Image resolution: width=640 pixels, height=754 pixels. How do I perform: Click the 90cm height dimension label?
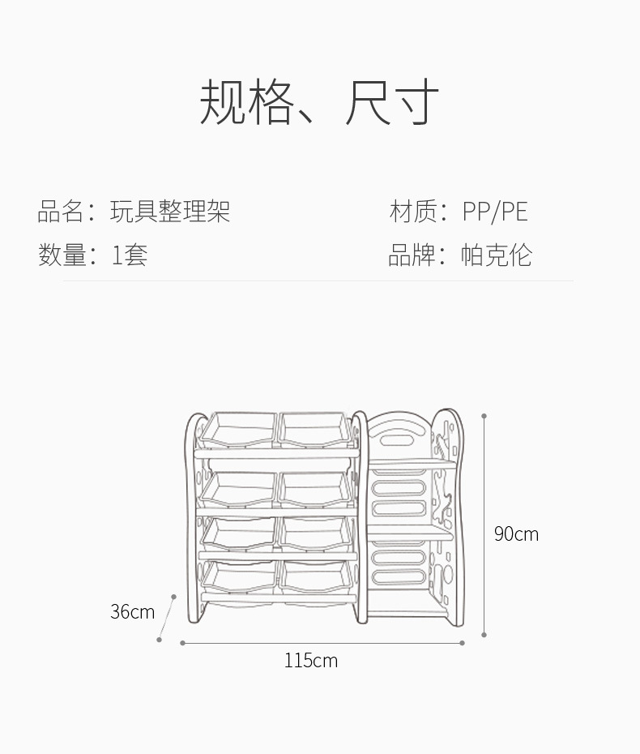pyautogui.click(x=516, y=533)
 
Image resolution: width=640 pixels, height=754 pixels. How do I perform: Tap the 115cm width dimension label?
pyautogui.click(x=310, y=660)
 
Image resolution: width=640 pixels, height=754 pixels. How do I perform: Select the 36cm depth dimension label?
pyautogui.click(x=132, y=611)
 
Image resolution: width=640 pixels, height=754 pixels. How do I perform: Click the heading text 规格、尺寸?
pyautogui.click(x=319, y=102)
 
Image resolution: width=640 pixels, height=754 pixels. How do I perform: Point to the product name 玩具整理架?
pyautogui.click(x=170, y=212)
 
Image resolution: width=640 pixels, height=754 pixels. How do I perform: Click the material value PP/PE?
pyautogui.click(x=494, y=212)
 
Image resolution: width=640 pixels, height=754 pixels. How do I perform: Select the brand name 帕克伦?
pyautogui.click(x=496, y=255)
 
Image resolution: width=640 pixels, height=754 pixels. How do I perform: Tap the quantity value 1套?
pyautogui.click(x=130, y=255)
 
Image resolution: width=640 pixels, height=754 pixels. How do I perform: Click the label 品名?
pyautogui.click(x=61, y=212)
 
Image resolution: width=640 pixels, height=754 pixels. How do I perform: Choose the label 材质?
pyautogui.click(x=413, y=212)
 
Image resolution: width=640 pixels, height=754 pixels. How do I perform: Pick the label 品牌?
pyautogui.click(x=412, y=255)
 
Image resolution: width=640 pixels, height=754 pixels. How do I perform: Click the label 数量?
pyautogui.click(x=62, y=255)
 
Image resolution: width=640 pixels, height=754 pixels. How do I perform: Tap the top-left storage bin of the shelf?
pyautogui.click(x=238, y=430)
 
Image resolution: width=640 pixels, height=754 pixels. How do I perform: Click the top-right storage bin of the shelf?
pyautogui.click(x=316, y=430)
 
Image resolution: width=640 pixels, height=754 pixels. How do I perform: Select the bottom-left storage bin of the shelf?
pyautogui.click(x=238, y=576)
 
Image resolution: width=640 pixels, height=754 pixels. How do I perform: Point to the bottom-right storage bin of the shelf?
pyautogui.click(x=316, y=576)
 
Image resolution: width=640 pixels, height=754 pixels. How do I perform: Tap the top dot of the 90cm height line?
pyautogui.click(x=484, y=417)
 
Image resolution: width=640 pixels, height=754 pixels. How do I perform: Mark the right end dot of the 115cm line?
pyautogui.click(x=462, y=643)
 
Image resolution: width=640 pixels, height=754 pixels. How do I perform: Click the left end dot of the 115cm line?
pyautogui.click(x=182, y=643)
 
